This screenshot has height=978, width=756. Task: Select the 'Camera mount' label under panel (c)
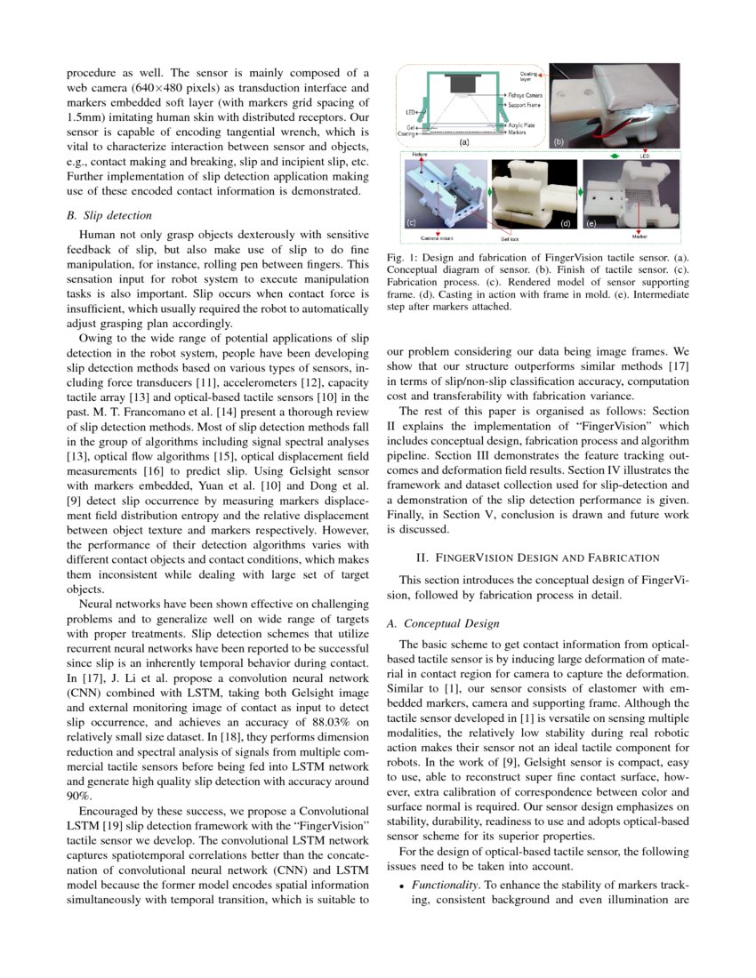(x=438, y=238)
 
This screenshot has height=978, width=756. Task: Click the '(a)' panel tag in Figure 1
(x=463, y=141)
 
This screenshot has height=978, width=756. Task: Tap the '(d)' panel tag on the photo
(x=566, y=223)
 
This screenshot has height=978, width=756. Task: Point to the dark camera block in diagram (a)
(x=462, y=83)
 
